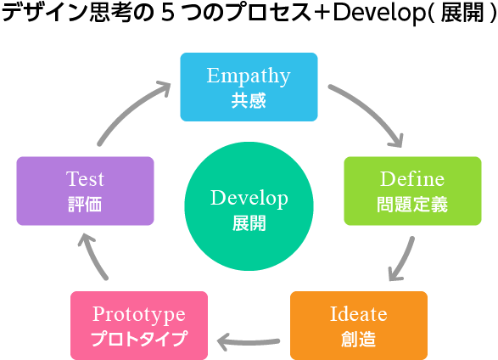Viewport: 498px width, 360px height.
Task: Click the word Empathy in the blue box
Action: tap(249, 76)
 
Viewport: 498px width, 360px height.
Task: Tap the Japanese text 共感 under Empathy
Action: tap(249, 100)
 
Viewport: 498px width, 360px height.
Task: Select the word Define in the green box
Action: tap(412, 179)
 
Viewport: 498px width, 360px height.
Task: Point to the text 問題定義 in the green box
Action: tap(412, 205)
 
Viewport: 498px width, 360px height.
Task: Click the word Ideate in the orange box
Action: tap(359, 314)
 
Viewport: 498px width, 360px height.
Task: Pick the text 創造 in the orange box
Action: tap(359, 339)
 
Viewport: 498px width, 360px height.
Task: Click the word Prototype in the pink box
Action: tap(139, 315)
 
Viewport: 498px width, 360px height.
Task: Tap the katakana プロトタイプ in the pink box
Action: tap(139, 339)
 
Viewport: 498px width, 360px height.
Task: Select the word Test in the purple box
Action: tap(85, 179)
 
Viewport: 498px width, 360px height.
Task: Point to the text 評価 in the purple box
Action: tap(85, 205)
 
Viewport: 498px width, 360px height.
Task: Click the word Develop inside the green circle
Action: tap(249, 199)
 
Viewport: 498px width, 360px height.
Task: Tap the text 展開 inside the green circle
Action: tap(249, 223)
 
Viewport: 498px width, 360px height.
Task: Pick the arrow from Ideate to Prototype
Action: tap(249, 342)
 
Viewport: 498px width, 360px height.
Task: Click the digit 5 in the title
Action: tap(167, 14)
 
